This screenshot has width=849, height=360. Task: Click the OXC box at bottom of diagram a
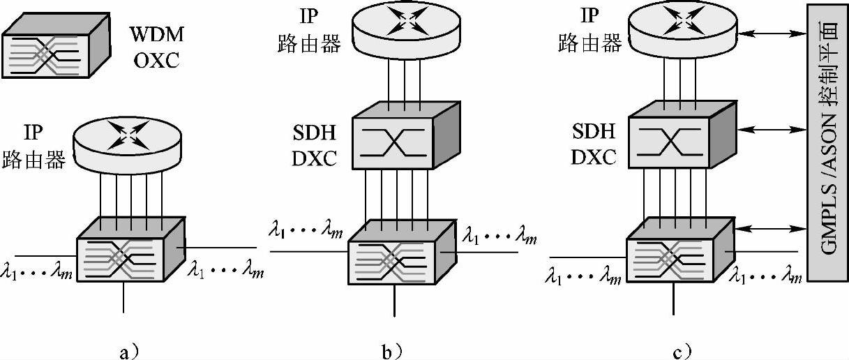click(130, 249)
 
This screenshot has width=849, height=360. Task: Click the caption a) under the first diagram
click(122, 351)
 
